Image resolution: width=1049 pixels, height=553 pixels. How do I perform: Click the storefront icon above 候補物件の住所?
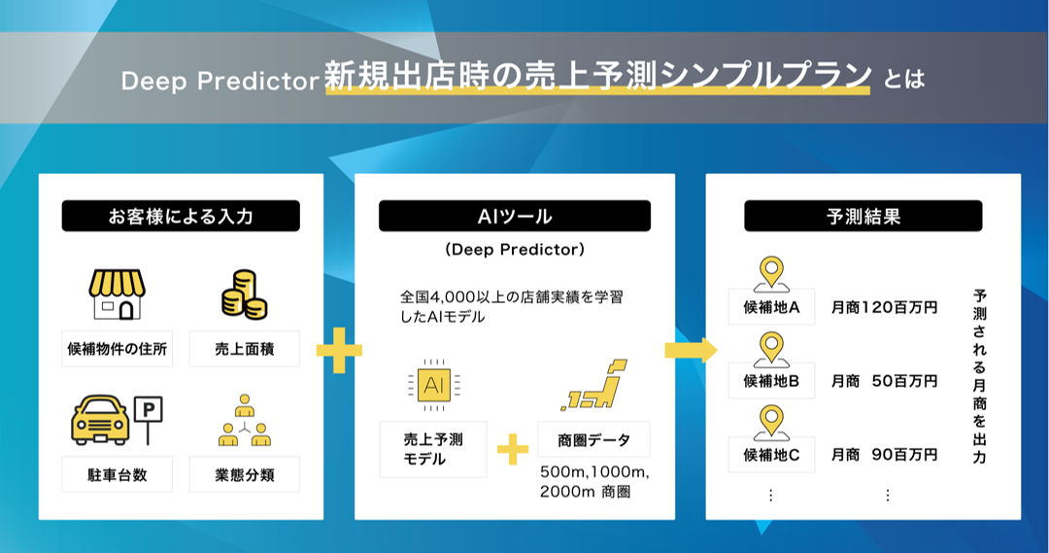(x=116, y=294)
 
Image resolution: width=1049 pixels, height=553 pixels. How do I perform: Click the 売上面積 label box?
(x=244, y=348)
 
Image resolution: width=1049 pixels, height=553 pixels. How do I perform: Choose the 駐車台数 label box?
(x=117, y=474)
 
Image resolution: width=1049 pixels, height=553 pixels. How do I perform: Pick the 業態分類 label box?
(x=244, y=474)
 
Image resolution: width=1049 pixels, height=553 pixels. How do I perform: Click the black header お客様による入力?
(x=181, y=216)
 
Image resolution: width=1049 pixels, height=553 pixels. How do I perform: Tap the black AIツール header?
(x=514, y=216)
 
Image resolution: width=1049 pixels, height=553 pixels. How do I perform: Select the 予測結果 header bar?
(x=863, y=216)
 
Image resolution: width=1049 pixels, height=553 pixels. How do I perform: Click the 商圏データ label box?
(x=593, y=440)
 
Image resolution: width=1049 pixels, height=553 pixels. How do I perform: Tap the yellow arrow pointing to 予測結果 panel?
(x=690, y=349)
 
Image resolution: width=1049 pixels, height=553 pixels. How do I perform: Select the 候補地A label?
(x=771, y=307)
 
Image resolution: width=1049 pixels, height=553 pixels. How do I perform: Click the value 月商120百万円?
(x=884, y=308)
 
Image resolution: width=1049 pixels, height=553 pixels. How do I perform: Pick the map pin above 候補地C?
(x=771, y=421)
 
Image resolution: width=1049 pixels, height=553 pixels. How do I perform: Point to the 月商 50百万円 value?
(x=884, y=381)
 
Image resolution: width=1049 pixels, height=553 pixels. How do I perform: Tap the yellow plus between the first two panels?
(x=339, y=349)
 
